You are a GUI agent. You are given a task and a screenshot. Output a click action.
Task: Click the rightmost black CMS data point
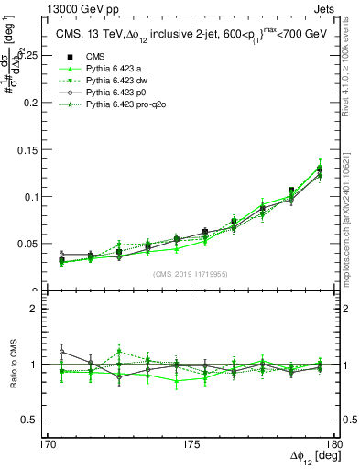(x=320, y=169)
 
